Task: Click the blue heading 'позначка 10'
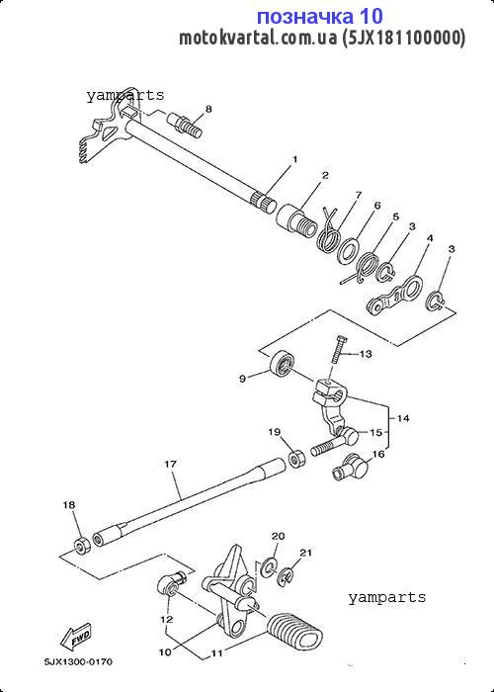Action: point(320,17)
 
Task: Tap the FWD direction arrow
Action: point(76,637)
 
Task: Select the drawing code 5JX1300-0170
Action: point(78,662)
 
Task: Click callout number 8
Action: point(208,109)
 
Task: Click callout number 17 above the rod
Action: point(170,465)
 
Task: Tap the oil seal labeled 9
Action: point(282,363)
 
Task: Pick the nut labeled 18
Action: point(82,546)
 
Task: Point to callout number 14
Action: point(403,418)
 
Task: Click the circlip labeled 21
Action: point(286,576)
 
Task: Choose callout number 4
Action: point(430,238)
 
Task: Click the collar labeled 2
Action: point(296,218)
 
